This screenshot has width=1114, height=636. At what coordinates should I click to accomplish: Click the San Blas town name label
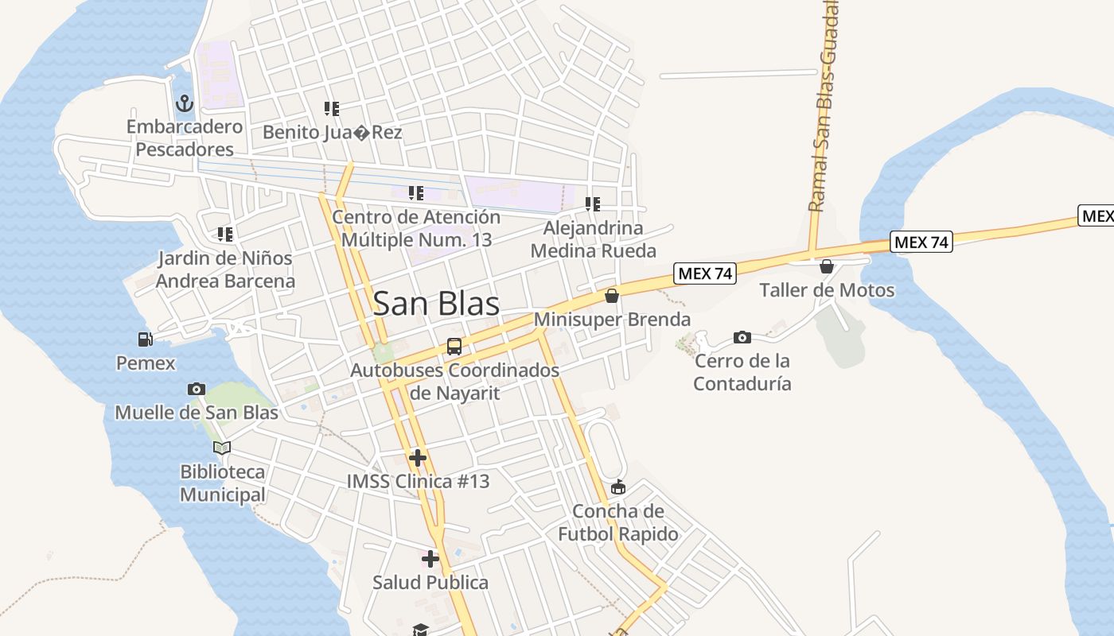(x=436, y=304)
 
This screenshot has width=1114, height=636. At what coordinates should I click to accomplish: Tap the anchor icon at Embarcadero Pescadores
(x=185, y=103)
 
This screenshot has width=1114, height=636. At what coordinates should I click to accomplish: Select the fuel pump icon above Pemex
(x=146, y=339)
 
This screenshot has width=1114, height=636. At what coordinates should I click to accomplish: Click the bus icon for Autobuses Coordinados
(x=454, y=347)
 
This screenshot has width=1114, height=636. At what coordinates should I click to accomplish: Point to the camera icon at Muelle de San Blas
(x=197, y=389)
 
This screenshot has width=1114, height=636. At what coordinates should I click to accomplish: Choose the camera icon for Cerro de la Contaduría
(x=742, y=338)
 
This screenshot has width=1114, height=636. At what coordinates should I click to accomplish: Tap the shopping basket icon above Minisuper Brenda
(x=612, y=296)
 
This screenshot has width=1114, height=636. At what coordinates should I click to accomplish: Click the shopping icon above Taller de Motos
(x=827, y=266)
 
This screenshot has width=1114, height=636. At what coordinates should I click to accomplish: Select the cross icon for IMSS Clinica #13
(x=418, y=458)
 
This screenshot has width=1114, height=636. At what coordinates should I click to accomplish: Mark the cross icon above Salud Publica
(x=430, y=559)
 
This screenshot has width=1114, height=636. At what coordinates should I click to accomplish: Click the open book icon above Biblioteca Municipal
(x=222, y=448)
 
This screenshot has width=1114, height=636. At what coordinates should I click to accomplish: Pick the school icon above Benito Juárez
(x=332, y=109)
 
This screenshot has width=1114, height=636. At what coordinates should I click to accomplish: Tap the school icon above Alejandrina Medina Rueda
(x=593, y=204)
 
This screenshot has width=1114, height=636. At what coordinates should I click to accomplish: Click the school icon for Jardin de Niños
(x=225, y=235)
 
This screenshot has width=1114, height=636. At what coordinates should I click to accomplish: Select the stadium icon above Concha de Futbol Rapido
(x=618, y=487)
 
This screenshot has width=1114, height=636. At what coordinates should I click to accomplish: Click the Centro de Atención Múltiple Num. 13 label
(x=416, y=228)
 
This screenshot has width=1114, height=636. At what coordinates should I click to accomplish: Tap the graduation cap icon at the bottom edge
(x=420, y=630)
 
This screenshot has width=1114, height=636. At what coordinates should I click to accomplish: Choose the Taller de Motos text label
(x=827, y=290)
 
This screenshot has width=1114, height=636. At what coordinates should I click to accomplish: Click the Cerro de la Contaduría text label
(x=742, y=372)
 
